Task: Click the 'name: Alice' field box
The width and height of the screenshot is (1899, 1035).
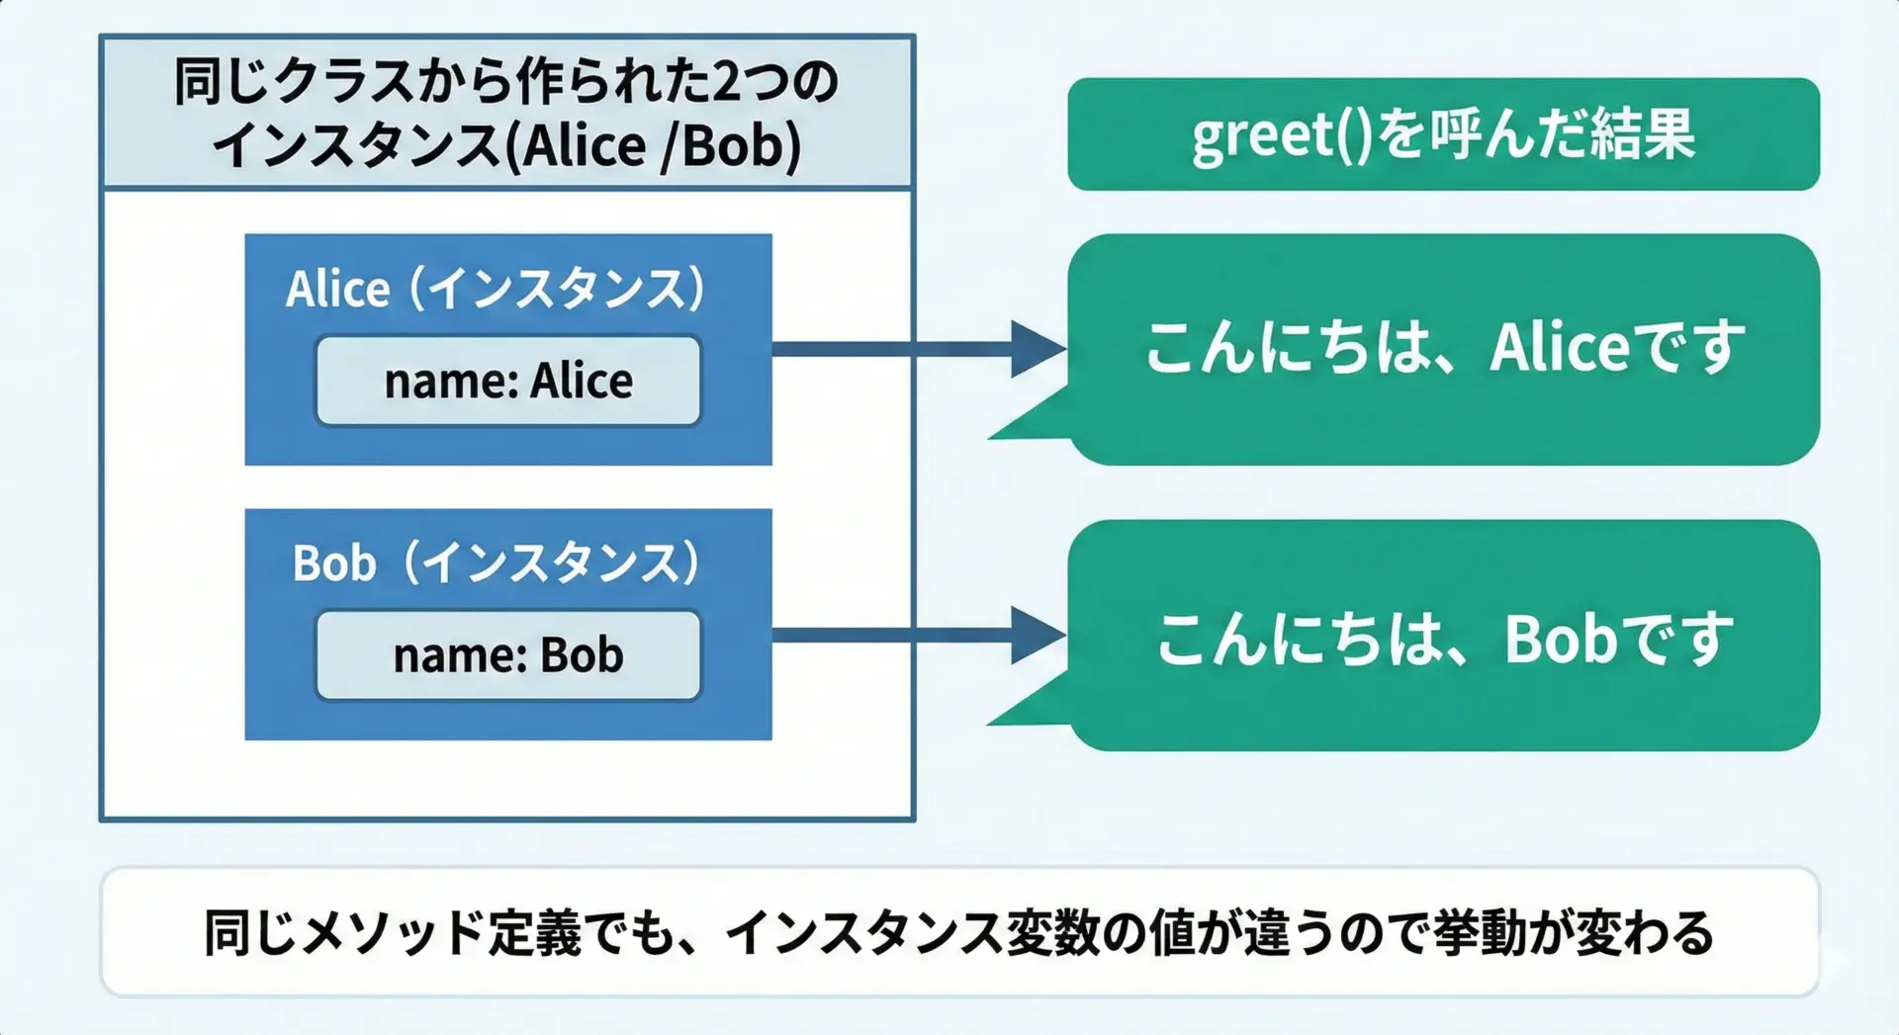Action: tap(507, 381)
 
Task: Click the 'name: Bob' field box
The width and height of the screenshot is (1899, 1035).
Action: tap(507, 655)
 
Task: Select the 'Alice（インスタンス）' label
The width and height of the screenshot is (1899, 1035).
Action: tap(496, 290)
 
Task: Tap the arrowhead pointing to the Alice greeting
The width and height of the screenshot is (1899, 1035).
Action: tap(1037, 349)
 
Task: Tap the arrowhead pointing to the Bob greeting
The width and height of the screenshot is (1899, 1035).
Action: tap(1037, 635)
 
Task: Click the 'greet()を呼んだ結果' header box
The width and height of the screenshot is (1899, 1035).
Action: tap(1443, 134)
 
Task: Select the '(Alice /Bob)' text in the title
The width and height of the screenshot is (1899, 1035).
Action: tap(653, 146)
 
